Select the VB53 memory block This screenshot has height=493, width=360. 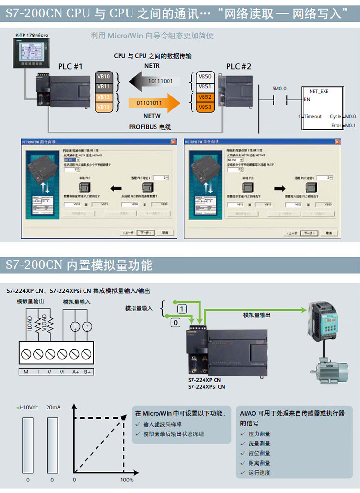(x=205, y=107)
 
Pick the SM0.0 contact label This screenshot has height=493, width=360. (x=279, y=89)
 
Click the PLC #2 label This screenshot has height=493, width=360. (x=239, y=67)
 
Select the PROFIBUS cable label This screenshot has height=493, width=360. (x=150, y=127)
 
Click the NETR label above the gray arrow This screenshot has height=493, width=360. (x=152, y=66)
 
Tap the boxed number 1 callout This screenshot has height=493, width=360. (x=181, y=308)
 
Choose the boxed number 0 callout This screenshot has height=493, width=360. (x=176, y=323)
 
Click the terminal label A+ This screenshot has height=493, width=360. (x=76, y=372)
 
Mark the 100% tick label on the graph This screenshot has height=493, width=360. (x=127, y=480)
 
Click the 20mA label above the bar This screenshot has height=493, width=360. (x=53, y=408)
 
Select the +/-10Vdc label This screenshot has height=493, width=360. (x=28, y=408)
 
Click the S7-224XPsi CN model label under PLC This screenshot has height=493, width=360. (x=206, y=386)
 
